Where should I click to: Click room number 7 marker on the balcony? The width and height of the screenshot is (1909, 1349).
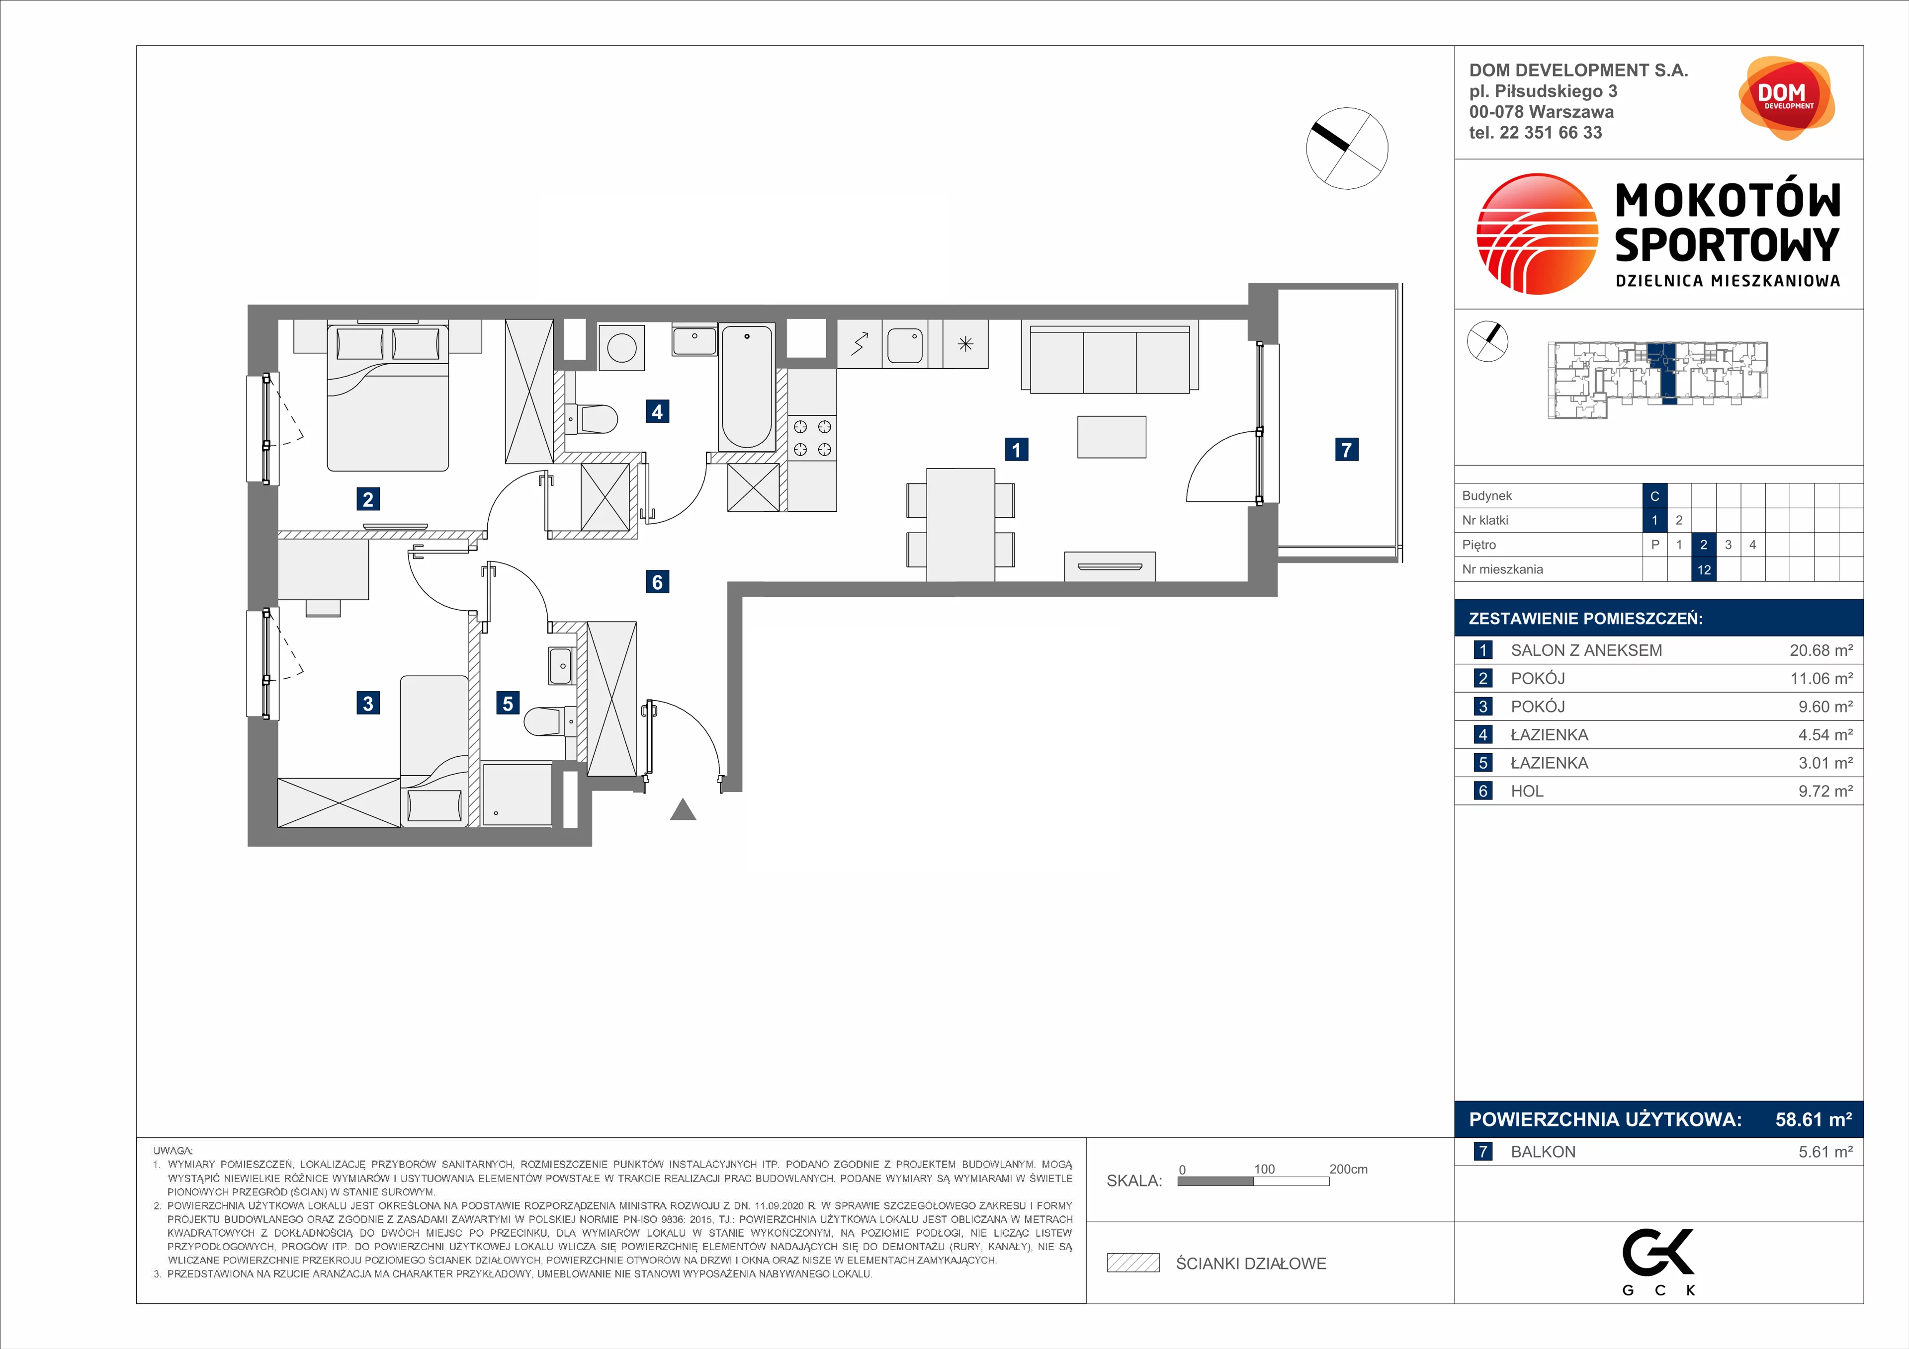[1346, 450]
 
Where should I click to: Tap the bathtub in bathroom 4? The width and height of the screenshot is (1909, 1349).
[747, 388]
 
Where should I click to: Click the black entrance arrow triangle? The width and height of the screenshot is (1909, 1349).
[683, 809]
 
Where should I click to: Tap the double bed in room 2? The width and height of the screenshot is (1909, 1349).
[388, 398]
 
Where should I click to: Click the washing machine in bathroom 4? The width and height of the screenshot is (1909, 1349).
[621, 347]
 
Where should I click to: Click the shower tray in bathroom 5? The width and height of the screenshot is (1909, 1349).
[517, 794]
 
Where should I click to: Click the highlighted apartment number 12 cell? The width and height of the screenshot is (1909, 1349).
[1704, 569]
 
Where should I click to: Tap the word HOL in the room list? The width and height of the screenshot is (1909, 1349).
[1527, 792]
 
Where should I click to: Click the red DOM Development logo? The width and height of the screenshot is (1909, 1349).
[1786, 98]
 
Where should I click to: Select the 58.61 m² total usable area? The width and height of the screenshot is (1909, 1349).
[1814, 1119]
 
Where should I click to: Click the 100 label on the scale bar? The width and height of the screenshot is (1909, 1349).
[1264, 1169]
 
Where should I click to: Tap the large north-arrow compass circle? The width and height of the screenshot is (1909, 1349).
[1347, 149]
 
